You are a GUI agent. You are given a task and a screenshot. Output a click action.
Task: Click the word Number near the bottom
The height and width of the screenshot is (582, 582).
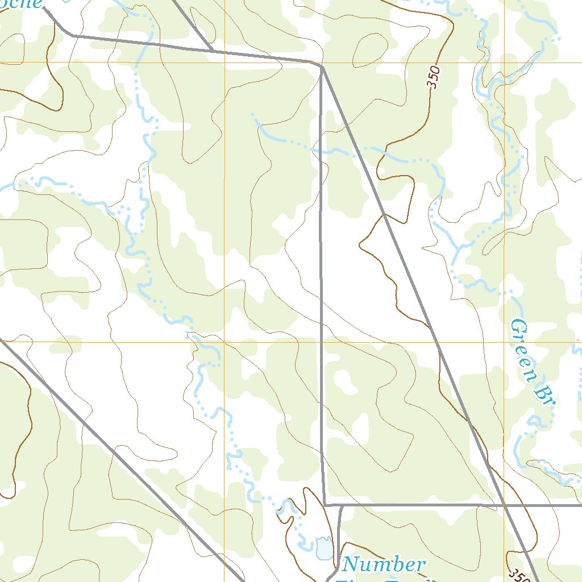tap(384, 564)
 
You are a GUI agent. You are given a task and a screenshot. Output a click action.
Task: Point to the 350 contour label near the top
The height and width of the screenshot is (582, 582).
tap(434, 77)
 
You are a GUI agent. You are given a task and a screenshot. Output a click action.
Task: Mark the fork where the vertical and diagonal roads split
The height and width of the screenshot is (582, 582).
tap(322, 67)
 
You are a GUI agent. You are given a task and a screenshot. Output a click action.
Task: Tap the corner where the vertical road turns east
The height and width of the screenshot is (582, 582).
tap(325, 504)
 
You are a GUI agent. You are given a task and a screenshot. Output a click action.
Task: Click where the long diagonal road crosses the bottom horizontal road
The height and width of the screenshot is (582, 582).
tap(504, 504)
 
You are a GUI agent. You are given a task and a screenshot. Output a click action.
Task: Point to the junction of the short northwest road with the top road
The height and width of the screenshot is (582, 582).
tap(213, 51)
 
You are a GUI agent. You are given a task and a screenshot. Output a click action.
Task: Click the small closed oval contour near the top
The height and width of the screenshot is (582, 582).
tap(369, 49)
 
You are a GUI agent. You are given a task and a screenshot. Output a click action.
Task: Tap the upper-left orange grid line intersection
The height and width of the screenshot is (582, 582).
tap(225, 62)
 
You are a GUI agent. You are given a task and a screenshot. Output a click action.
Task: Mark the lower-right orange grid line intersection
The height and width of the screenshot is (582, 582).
tap(504, 342)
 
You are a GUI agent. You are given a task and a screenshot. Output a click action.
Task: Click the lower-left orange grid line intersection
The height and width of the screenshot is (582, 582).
tap(225, 342)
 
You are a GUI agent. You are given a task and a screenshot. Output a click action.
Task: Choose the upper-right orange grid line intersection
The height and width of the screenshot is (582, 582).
tap(504, 62)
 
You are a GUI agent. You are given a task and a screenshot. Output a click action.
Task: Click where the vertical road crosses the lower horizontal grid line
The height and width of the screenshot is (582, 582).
tap(322, 342)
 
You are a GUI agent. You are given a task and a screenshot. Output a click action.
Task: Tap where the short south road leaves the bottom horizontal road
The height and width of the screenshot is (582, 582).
tap(340, 505)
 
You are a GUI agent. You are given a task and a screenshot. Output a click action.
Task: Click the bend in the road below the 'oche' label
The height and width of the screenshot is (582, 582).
tap(73, 36)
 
